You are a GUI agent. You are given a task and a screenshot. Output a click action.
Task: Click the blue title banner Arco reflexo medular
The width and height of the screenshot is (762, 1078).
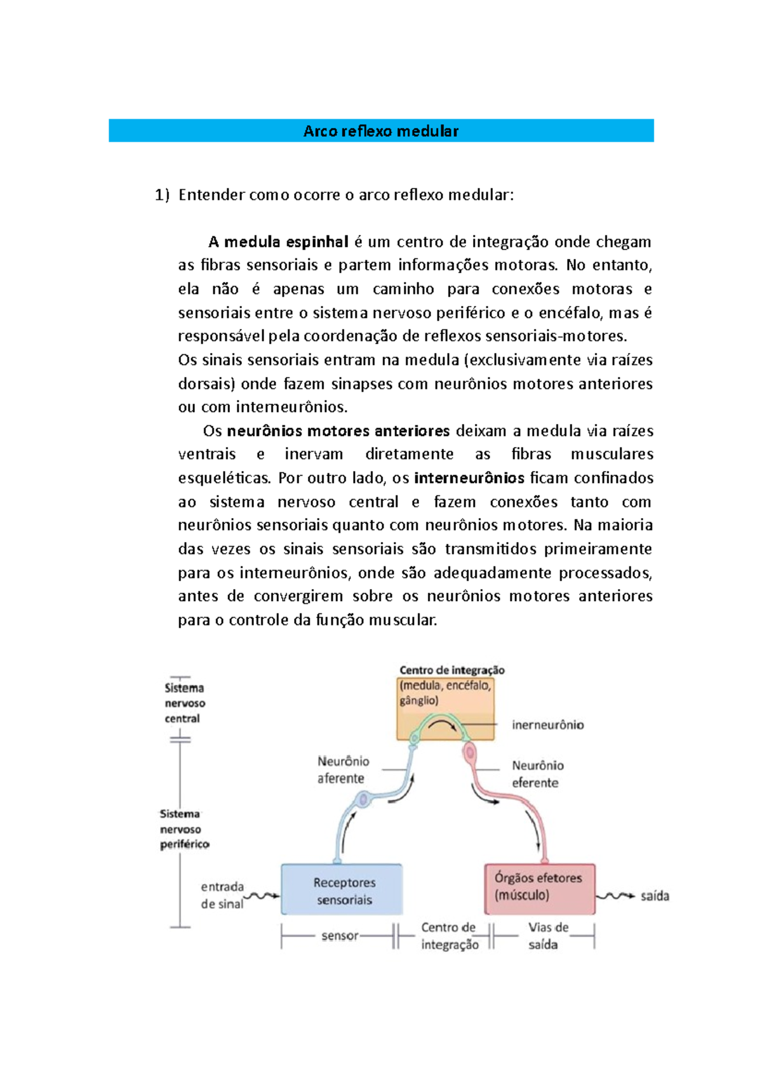tap(381, 131)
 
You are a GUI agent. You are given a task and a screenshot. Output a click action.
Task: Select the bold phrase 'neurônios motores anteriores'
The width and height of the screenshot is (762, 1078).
tap(338, 431)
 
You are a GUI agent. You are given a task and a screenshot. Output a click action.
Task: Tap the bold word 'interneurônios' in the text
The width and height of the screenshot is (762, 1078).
tap(469, 478)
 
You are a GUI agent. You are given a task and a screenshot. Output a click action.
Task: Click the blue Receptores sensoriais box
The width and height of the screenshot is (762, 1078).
tap(342, 890)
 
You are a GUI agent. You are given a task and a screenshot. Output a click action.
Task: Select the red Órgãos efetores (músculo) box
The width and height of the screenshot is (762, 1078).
tap(540, 888)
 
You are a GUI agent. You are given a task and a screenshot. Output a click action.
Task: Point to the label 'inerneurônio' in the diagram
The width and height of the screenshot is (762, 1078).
tap(548, 725)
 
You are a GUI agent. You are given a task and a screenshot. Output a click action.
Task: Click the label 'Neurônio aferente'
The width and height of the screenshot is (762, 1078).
tap(343, 769)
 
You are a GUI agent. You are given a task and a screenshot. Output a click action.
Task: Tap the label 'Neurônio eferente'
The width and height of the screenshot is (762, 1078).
tap(537, 774)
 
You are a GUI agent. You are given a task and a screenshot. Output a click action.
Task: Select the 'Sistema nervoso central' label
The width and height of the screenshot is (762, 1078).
tap(185, 703)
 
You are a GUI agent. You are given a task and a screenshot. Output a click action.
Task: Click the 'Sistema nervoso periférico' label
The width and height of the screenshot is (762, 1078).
tap(184, 829)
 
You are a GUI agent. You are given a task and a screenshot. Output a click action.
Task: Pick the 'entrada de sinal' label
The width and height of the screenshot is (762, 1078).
tap(222, 895)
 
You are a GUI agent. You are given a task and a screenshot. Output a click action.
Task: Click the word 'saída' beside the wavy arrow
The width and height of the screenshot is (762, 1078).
tap(655, 896)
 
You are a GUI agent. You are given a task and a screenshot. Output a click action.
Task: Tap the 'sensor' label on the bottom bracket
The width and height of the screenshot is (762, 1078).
tap(340, 936)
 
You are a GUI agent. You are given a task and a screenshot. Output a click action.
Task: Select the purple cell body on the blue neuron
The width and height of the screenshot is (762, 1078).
tap(364, 800)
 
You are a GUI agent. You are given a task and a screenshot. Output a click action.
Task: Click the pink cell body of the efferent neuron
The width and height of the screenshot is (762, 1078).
tap(471, 753)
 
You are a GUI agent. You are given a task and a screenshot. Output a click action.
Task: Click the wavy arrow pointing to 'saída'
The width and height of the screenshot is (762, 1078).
tap(615, 896)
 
